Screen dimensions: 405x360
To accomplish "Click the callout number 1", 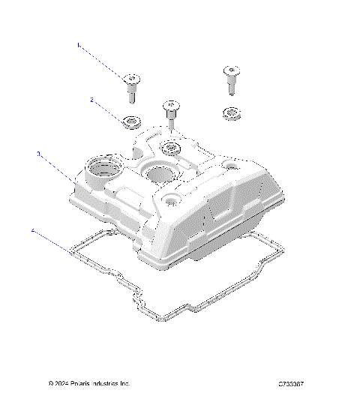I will pos(77,45).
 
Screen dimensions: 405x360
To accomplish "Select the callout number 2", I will pos(91,99).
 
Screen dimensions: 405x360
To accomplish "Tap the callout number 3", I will pos(38,154).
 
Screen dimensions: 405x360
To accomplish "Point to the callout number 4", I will pos(32,231).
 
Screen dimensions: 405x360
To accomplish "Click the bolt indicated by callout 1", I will pos(131,87).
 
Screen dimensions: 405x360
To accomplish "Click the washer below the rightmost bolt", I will pos(229,113).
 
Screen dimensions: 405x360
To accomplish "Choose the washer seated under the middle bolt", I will pos(171,145).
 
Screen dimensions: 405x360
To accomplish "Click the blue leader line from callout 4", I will pos(56,245).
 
